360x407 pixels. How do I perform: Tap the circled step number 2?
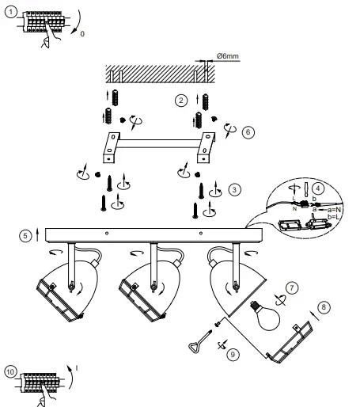tap(181, 100)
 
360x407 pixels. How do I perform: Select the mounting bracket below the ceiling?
tap(153, 144)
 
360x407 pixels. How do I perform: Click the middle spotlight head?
tap(148, 288)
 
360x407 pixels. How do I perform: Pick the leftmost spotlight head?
tap(59, 288)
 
